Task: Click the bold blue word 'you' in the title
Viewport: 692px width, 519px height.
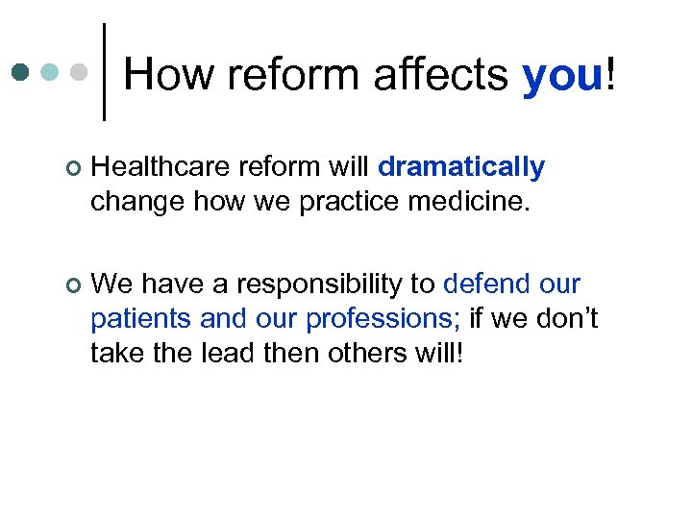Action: point(561,77)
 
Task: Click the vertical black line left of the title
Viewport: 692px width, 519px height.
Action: point(104,72)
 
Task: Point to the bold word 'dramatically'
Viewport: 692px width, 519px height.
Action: point(461,167)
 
